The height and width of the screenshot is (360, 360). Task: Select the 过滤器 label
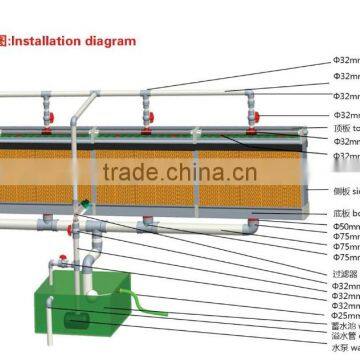tap(342, 272)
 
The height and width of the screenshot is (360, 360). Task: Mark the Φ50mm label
tap(344, 226)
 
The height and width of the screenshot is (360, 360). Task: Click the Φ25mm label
tap(344, 312)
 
